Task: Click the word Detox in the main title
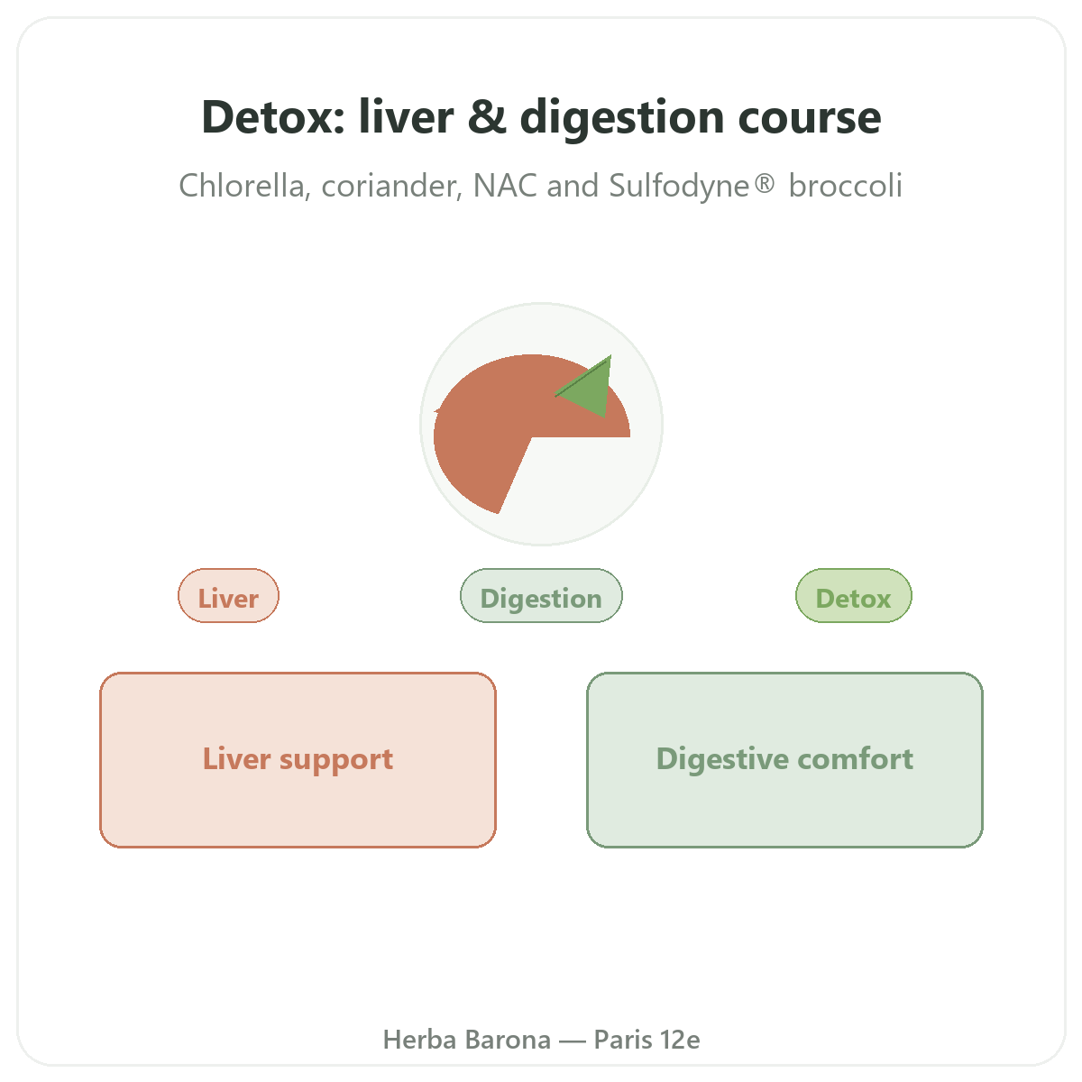[x=273, y=117]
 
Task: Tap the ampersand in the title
[x=487, y=117]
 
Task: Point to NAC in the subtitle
[x=504, y=186]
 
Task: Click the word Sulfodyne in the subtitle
[x=679, y=186]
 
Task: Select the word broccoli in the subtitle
[x=845, y=186]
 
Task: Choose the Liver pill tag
[x=228, y=596]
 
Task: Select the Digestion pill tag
[x=541, y=596]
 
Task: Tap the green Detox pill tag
[x=854, y=596]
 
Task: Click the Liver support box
[x=298, y=760]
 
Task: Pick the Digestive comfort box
[x=784, y=760]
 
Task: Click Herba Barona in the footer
[x=466, y=1040]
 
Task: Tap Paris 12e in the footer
[x=646, y=1040]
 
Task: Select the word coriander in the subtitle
[x=392, y=186]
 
